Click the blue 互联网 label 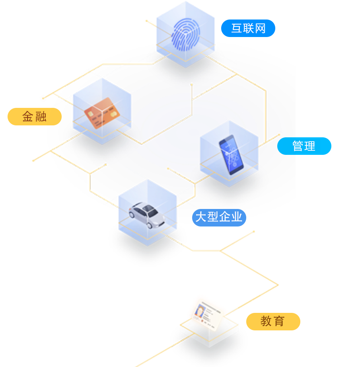click(248, 28)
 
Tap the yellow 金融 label click(35, 117)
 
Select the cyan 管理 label click(304, 146)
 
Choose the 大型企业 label click(219, 218)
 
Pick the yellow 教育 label click(273, 322)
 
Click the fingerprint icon click(186, 34)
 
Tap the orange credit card click(102, 113)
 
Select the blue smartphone click(231, 155)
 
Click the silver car click(147, 215)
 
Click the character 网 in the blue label click(260, 29)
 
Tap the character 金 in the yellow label click(27, 117)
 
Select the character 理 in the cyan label click(310, 146)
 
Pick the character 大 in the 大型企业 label click(201, 217)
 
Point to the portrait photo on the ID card click(200, 310)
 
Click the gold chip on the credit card click(91, 114)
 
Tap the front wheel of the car click(150, 225)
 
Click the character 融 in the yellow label click(41, 117)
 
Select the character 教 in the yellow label click(266, 321)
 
